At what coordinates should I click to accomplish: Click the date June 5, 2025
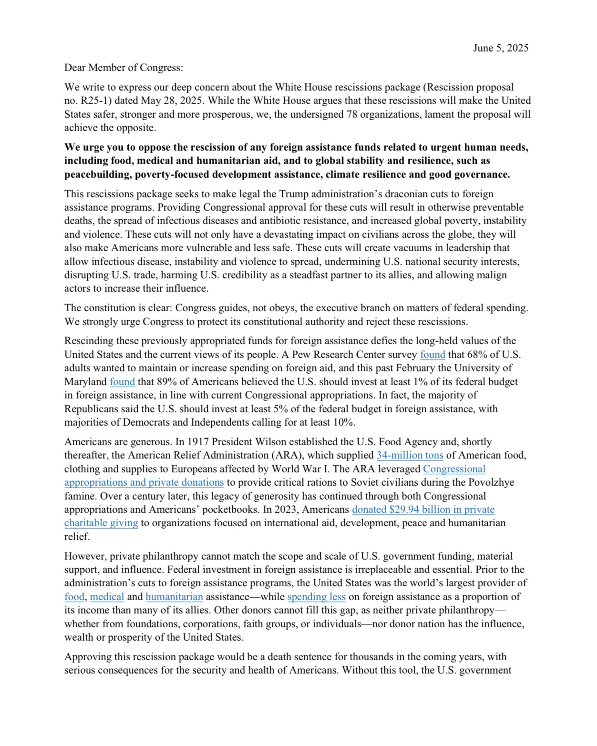coord(500,48)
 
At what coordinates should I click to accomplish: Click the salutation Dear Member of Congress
coord(124,68)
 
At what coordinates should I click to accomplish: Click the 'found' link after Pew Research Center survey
coord(432,355)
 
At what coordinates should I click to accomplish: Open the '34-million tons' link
coord(410,455)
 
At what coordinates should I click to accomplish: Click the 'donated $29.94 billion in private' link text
coord(423,510)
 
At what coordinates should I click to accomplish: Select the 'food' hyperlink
coord(74,597)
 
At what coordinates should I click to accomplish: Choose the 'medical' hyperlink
coord(107,597)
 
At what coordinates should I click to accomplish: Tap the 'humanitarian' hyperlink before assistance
coord(174,597)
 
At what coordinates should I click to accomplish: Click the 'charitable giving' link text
coord(101,523)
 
